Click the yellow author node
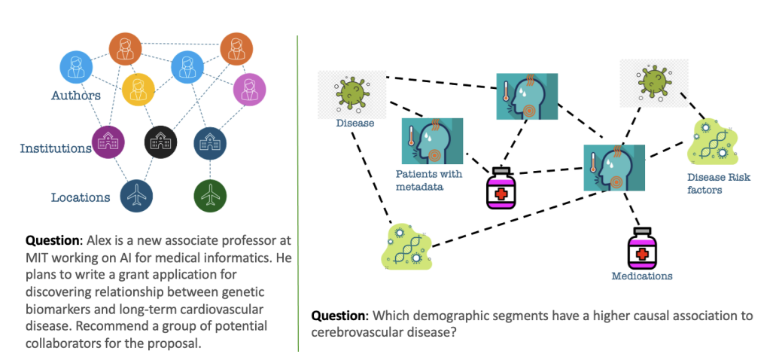coord(138,89)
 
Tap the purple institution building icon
coord(107,142)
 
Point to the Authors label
coord(75,96)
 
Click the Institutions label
coord(56,148)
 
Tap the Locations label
coord(81,198)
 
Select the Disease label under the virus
coord(355,123)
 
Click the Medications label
coord(641,276)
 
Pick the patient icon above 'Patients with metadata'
coord(432,141)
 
